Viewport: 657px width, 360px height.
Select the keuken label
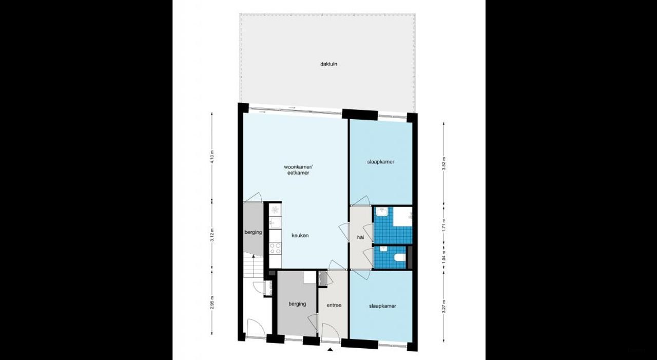point(299,236)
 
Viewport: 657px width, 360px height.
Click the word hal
point(360,237)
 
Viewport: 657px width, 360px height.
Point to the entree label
point(334,306)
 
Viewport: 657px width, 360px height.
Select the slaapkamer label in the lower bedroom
point(382,306)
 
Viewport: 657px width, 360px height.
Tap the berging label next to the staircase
point(253,232)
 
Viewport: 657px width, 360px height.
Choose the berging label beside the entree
point(297,304)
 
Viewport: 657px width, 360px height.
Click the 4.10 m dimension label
point(212,156)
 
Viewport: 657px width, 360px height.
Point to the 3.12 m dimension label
point(212,240)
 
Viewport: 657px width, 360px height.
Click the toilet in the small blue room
point(399,258)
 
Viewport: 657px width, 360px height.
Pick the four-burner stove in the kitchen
point(275,249)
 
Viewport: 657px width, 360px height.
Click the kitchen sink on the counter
point(275,222)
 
